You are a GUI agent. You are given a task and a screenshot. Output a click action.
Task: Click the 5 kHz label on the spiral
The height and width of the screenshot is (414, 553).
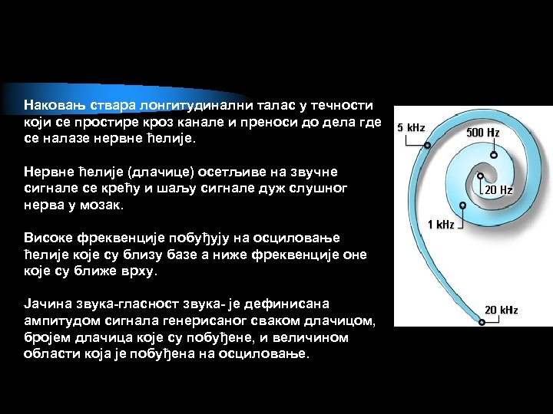410,127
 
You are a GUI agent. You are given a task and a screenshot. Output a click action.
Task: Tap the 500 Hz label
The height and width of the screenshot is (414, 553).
483,133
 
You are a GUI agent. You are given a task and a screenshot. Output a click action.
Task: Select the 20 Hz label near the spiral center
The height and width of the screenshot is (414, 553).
498,189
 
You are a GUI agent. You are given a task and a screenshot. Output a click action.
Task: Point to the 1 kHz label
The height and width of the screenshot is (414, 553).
441,225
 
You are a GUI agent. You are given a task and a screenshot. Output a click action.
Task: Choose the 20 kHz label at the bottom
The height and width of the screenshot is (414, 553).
501,310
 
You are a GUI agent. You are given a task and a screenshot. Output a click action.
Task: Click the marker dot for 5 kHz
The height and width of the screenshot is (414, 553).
427,144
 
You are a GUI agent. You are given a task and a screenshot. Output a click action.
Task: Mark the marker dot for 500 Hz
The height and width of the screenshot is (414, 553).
493,154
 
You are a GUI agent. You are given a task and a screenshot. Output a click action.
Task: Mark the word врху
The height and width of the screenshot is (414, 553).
137,272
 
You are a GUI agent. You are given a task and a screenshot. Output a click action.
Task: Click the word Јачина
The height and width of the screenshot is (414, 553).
47,304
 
